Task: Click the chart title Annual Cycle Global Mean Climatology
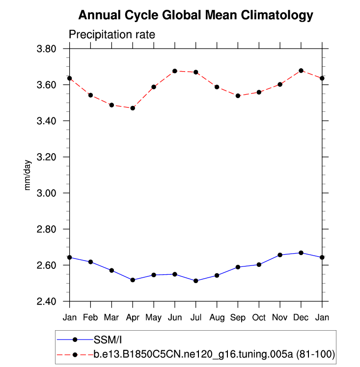pos(195,16)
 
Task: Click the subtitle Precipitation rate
pos(112,35)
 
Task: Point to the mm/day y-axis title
pos(28,175)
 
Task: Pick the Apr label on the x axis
pos(133,318)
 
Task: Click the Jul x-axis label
pos(196,318)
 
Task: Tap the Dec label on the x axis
pos(301,318)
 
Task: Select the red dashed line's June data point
pos(175,71)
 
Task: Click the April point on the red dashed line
pos(133,108)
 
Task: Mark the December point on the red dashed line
pos(301,71)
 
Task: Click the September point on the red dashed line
pos(238,96)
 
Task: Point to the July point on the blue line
pos(196,281)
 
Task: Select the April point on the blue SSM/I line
pos(133,280)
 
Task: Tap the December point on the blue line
pos(301,253)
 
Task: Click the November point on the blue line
pos(280,255)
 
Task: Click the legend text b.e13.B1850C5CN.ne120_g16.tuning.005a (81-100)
pos(214,354)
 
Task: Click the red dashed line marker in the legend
pos(75,354)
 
